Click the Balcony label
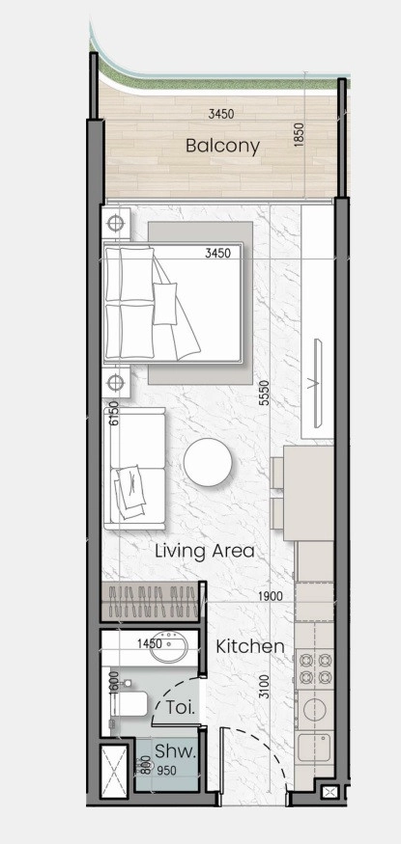pos(222,146)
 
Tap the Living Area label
pos(204,551)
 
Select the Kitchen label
pos(250,646)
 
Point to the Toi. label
pos(180,706)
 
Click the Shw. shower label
pos(174,751)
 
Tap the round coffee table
pos(208,462)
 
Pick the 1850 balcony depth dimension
pos(300,134)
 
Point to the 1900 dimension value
pos(272,596)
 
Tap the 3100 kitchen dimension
pos(264,687)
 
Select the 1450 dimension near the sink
pos(150,643)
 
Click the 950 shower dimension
pos(166,771)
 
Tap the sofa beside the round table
pos(134,468)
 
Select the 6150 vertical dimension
pos(113,414)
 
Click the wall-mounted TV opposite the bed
pos(317,383)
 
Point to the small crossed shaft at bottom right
pos(329,792)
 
